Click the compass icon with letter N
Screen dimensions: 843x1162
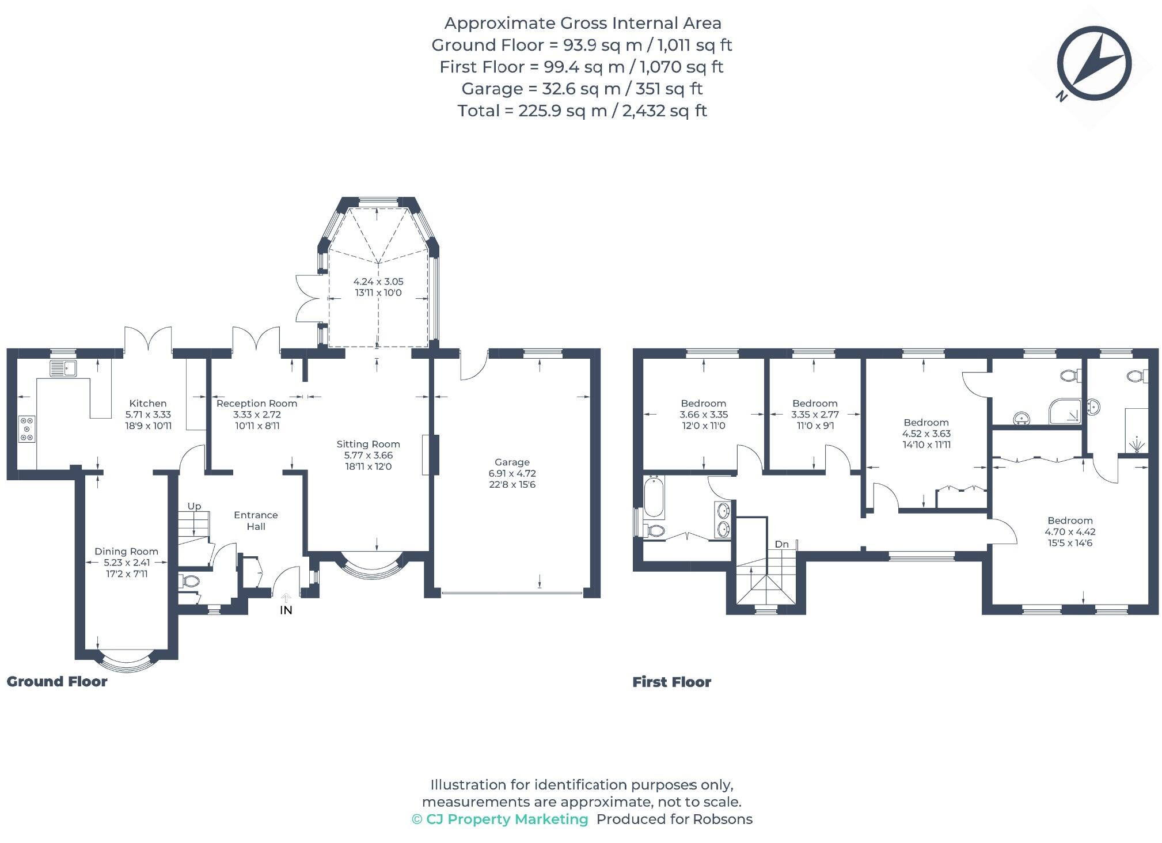[x=1093, y=64]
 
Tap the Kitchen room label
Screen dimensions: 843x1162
[x=148, y=404]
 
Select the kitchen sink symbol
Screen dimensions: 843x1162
[x=63, y=368]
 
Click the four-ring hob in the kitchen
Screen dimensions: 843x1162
[x=26, y=429]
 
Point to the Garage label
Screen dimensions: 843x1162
[x=512, y=462]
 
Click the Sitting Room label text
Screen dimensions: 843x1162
[x=368, y=444]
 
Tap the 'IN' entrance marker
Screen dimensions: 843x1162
[x=286, y=610]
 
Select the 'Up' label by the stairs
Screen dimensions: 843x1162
[x=194, y=506]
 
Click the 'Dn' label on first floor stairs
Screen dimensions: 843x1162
[x=781, y=544]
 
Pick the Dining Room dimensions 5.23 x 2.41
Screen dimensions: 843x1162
[x=127, y=563]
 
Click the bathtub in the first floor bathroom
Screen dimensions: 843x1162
[x=654, y=497]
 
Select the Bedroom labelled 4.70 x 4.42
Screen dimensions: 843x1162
[x=1070, y=531]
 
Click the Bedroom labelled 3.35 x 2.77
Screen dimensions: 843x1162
[x=815, y=414]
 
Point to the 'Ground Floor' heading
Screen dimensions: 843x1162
[x=57, y=682]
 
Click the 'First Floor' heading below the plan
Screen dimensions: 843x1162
[x=671, y=682]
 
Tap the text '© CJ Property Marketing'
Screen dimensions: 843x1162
[x=500, y=819]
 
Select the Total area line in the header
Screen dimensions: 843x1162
[x=582, y=111]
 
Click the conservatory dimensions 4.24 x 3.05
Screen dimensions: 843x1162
[x=378, y=282]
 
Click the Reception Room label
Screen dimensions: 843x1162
[x=257, y=404]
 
